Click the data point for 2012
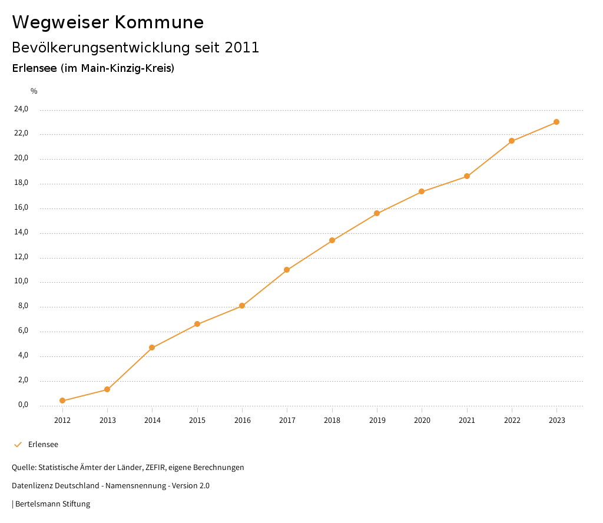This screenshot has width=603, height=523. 62,400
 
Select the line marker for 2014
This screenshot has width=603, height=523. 152,347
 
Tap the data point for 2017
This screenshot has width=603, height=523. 287,270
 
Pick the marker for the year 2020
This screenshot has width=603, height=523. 422,191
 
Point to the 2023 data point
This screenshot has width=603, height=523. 556,122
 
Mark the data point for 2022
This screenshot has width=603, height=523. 512,141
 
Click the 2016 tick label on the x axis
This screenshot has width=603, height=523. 242,420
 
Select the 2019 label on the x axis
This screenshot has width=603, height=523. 377,420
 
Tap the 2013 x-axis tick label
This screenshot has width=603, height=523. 107,420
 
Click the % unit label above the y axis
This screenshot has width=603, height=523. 34,91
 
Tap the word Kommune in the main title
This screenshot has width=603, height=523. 159,22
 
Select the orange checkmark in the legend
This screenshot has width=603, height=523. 18,445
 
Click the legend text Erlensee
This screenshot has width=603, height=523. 43,445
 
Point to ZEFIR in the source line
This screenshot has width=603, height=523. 155,468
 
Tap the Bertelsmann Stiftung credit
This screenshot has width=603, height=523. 52,504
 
